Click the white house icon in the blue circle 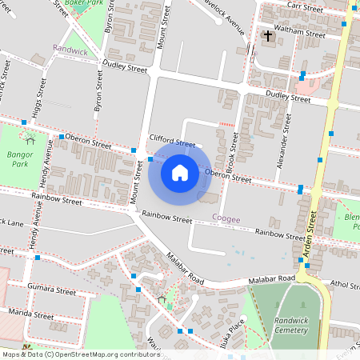[180, 171]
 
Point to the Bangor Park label [20, 158]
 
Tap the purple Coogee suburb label [226, 218]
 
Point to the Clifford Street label [172, 141]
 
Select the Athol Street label [345, 284]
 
